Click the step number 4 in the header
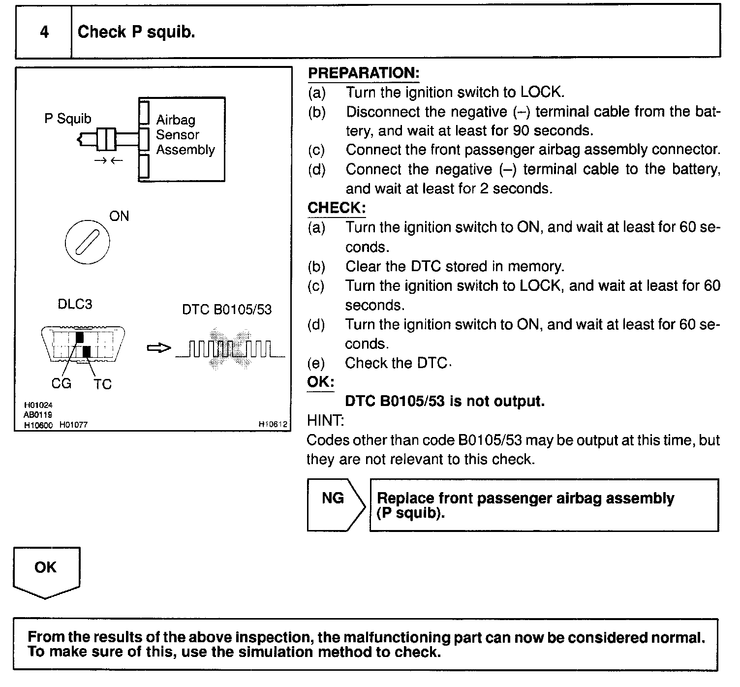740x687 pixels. pos(44,32)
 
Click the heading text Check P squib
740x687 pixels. pos(136,32)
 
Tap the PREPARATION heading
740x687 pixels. pos(364,73)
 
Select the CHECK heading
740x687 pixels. pos(337,208)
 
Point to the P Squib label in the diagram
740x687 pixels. pos(67,119)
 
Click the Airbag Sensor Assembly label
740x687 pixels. pos(185,135)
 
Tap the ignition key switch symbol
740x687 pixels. pos(87,242)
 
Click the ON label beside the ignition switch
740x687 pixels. pos(119,216)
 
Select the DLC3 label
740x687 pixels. pos(75,304)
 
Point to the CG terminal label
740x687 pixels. pos(61,383)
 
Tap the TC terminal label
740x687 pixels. pos(102,384)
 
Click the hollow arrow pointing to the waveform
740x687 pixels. pos(159,348)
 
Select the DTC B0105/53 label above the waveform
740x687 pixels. pos(227,310)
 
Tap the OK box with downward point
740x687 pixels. pos(46,570)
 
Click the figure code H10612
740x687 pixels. pos(272,424)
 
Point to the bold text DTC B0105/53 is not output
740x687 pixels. pos(445,402)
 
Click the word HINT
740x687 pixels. pos(325,421)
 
